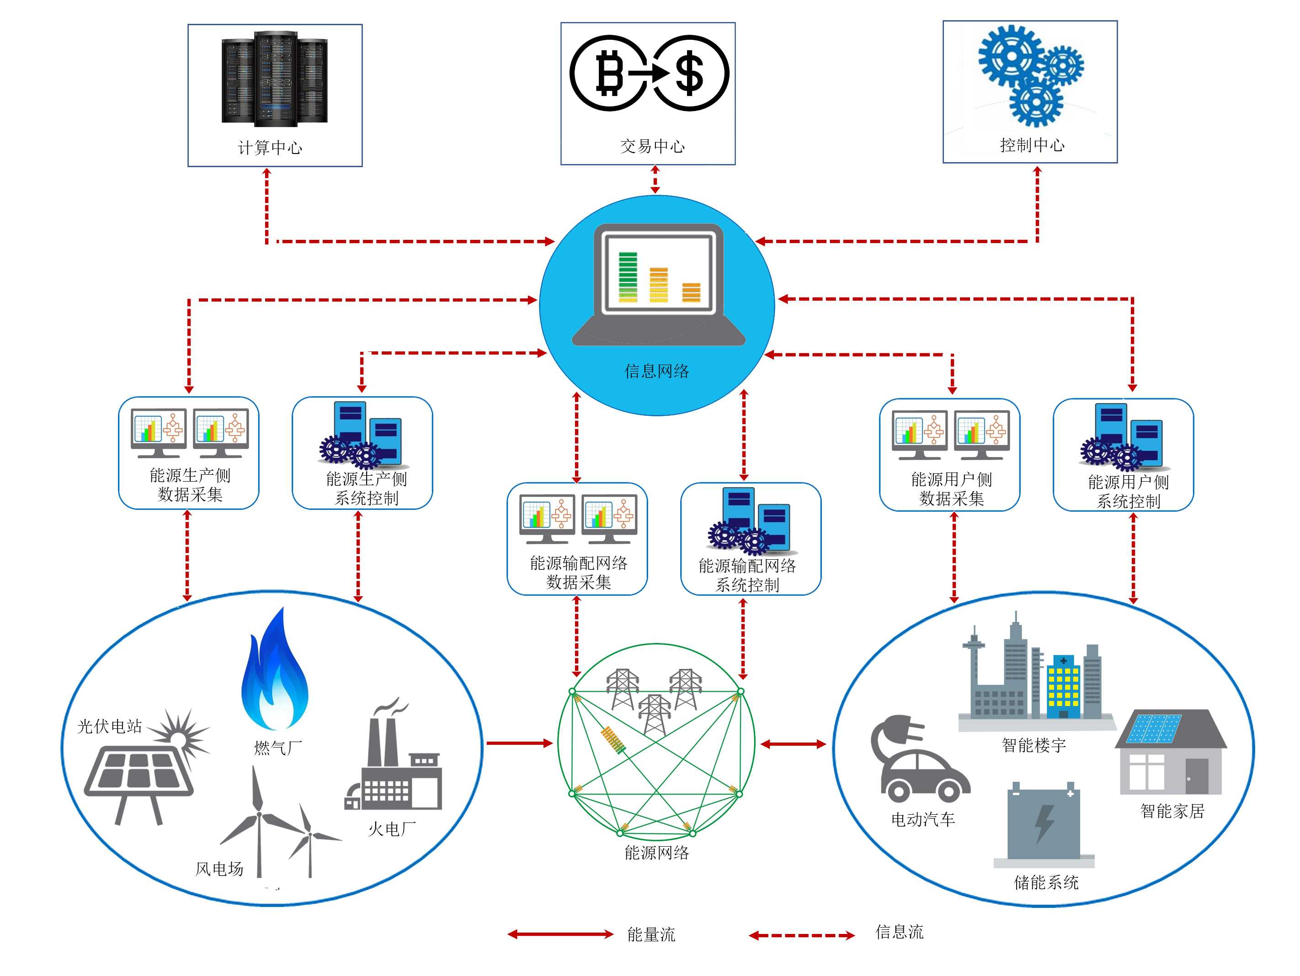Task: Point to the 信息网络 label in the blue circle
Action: click(x=656, y=371)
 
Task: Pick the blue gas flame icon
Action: click(x=275, y=673)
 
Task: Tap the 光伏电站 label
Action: click(x=110, y=726)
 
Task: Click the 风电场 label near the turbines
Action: click(x=219, y=869)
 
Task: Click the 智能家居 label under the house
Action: click(x=1172, y=811)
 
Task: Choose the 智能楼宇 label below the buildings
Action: click(x=1034, y=745)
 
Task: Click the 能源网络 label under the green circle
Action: click(x=656, y=853)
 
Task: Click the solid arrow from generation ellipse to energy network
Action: click(x=520, y=743)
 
